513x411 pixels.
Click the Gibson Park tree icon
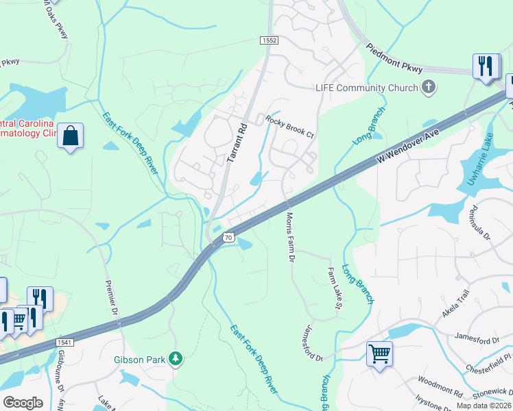(176, 358)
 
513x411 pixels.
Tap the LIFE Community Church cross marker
(429, 87)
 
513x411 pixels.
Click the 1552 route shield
(270, 41)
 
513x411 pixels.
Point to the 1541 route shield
(46, 341)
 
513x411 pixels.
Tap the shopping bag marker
(71, 136)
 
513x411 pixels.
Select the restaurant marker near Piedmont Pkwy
(486, 66)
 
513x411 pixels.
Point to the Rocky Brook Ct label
(289, 127)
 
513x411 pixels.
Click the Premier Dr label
(112, 301)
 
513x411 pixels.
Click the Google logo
(23, 402)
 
